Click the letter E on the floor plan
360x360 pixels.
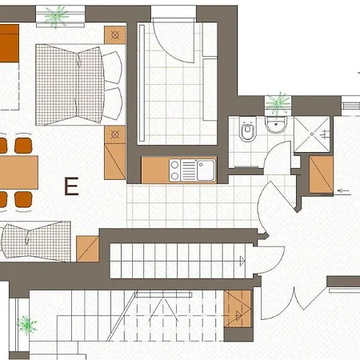click(x=71, y=186)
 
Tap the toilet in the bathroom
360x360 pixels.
click(x=248, y=129)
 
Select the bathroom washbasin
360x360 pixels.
click(x=276, y=125)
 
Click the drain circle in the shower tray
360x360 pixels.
click(x=312, y=134)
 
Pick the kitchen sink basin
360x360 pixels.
click(x=206, y=170)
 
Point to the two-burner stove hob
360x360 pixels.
click(x=174, y=170)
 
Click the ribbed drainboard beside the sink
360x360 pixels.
click(x=189, y=170)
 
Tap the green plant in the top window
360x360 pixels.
click(x=56, y=16)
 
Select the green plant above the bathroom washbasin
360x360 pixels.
click(x=278, y=103)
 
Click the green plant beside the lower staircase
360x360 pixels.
click(x=26, y=325)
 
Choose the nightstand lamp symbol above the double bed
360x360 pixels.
click(x=115, y=35)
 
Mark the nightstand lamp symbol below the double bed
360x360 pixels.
click(x=115, y=134)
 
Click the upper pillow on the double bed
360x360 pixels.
click(x=112, y=67)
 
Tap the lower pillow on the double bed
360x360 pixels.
click(x=113, y=103)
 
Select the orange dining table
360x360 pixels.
click(x=19, y=173)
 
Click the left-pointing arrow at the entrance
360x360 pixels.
click(x=344, y=190)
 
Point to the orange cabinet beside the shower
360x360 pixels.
click(x=321, y=174)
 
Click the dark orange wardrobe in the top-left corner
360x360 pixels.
click(x=10, y=43)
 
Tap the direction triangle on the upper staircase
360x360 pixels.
click(x=242, y=261)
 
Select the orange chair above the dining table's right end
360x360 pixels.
click(x=23, y=146)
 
